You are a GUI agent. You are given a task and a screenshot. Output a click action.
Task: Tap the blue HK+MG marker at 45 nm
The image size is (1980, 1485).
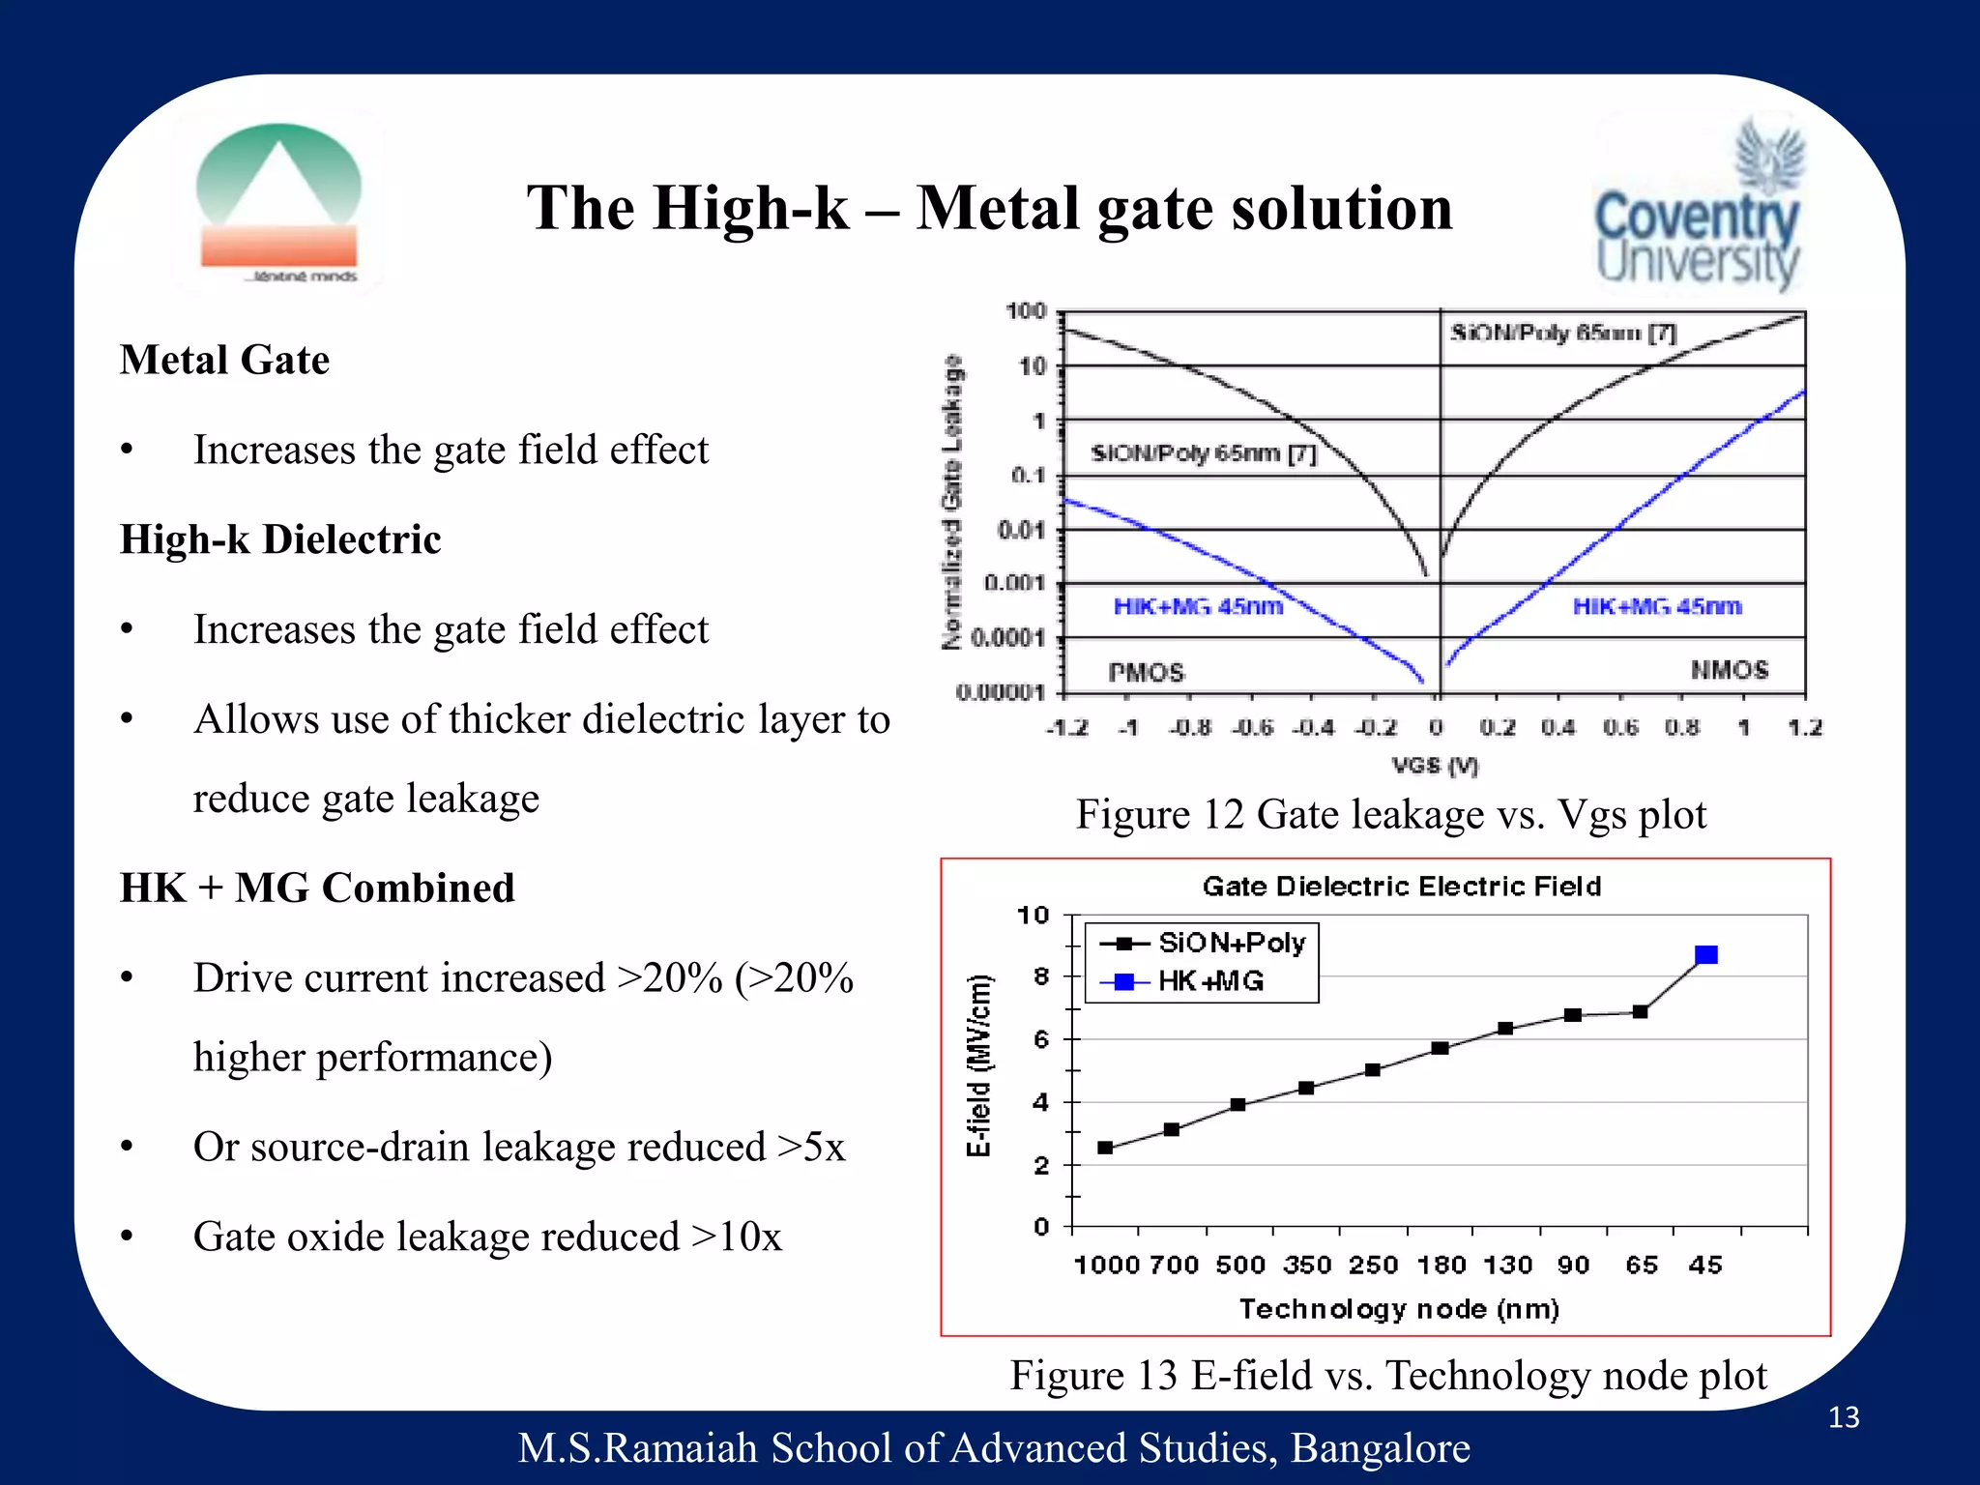[x=1706, y=955]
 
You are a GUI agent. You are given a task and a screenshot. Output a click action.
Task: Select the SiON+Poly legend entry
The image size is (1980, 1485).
[x=1205, y=943]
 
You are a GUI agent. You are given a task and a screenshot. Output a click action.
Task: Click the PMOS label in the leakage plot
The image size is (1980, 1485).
[x=1146, y=672]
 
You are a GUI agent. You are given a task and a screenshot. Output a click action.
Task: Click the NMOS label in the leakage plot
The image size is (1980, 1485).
[x=1730, y=670]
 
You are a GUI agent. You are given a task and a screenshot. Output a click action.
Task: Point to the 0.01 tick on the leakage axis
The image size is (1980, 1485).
[x=1021, y=530]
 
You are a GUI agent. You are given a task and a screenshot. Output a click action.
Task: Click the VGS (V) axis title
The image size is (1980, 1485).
[x=1435, y=766]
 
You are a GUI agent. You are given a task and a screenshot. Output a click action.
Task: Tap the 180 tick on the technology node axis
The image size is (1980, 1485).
[x=1441, y=1265]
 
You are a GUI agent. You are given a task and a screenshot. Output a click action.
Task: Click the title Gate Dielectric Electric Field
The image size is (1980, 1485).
[x=1402, y=887]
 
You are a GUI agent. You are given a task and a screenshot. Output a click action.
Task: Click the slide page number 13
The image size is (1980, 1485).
[x=1844, y=1417]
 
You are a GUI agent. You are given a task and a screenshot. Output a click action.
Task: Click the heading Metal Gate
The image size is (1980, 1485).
[x=225, y=360]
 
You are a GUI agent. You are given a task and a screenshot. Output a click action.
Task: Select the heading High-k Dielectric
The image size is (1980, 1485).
[x=280, y=539]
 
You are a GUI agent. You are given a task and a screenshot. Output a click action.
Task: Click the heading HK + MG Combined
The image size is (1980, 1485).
[x=317, y=888]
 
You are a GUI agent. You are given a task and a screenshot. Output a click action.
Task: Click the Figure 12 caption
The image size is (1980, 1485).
[x=1390, y=814]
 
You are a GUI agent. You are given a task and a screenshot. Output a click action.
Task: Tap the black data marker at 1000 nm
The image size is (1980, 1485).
[x=1105, y=1148]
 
